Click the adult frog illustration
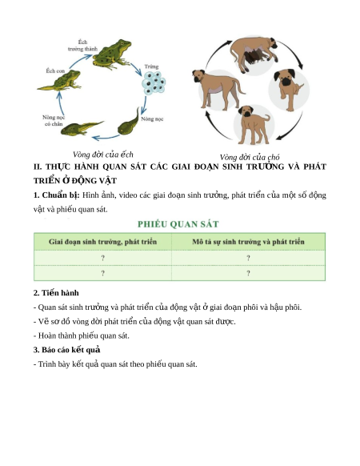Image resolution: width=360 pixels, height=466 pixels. click(112, 54)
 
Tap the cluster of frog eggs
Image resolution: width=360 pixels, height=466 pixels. click(154, 83)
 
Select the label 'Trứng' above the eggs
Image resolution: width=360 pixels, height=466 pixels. click(151, 66)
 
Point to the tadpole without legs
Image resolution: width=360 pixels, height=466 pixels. click(129, 123)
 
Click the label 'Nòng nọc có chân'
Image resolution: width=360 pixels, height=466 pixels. click(54, 121)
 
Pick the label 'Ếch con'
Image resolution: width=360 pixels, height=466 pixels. click(55, 71)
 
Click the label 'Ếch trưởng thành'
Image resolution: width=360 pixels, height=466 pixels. click(82, 46)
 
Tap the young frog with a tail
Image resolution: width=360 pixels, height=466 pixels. click(60, 81)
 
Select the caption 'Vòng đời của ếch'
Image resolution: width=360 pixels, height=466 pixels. click(103, 155)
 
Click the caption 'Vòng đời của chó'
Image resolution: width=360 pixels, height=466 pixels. click(250, 157)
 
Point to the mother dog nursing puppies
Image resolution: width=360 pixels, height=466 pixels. click(254, 54)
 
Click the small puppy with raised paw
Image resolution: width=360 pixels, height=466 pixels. click(288, 89)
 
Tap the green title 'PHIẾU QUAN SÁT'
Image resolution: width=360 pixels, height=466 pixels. click(178, 224)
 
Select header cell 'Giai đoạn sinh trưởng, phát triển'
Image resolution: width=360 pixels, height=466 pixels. click(102, 242)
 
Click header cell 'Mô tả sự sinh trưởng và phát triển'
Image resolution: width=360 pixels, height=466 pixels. click(248, 242)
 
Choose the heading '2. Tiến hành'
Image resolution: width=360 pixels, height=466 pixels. click(56, 293)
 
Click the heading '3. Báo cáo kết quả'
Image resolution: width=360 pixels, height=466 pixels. click(67, 350)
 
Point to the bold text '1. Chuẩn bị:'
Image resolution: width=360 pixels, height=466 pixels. click(57, 195)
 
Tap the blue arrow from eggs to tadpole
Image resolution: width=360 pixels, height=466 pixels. click(144, 105)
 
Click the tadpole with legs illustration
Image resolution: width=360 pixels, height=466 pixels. click(82, 128)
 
